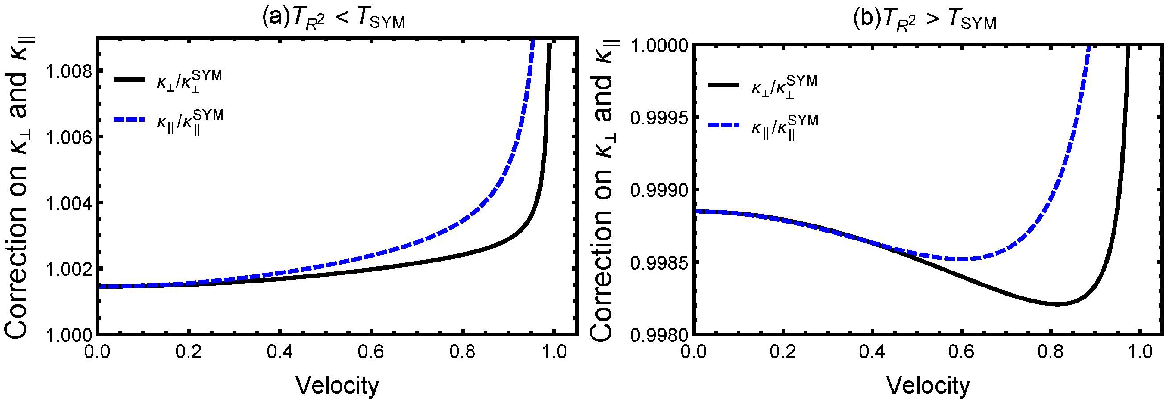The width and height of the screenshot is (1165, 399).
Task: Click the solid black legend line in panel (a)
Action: point(129,79)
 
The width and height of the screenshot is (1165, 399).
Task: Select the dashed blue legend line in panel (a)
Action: point(129,120)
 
